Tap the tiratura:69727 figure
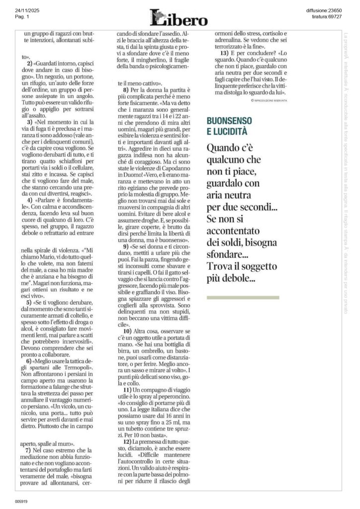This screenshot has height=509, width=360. click(x=327, y=16)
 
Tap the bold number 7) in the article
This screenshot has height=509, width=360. click(x=29, y=450)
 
